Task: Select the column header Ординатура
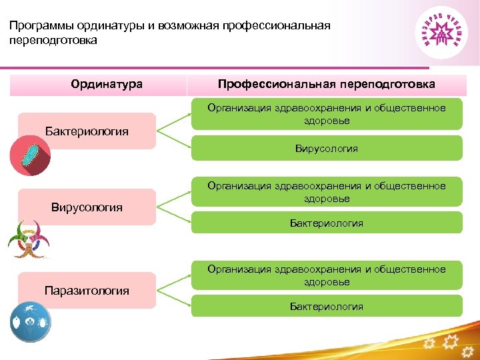pos(107,85)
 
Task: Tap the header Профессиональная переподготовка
pos(326,85)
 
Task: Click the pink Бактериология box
pos(87,131)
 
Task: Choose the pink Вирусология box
pos(87,207)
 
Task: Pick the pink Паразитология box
pos(87,291)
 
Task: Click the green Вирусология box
pos(326,149)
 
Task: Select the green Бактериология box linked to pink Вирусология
pos(326,223)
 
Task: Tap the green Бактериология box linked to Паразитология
pos(326,307)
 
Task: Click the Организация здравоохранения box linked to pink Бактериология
pos(326,114)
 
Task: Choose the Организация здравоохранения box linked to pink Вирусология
pos(326,192)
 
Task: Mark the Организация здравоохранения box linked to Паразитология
pos(326,275)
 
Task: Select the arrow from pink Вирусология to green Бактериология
pos(175,215)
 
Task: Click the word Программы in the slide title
pos(41,26)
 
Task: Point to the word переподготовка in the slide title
pos(53,41)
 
